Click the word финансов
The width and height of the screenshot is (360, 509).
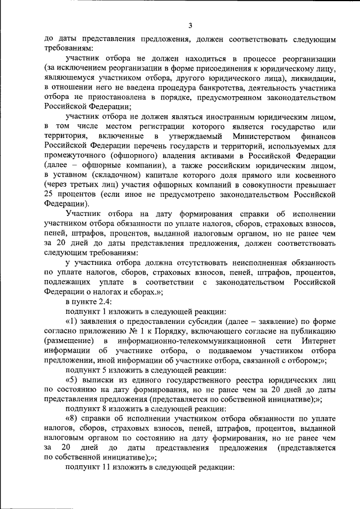(x=318, y=136)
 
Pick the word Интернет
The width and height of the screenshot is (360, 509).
(x=317, y=341)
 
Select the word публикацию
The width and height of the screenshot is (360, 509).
(x=313, y=332)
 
